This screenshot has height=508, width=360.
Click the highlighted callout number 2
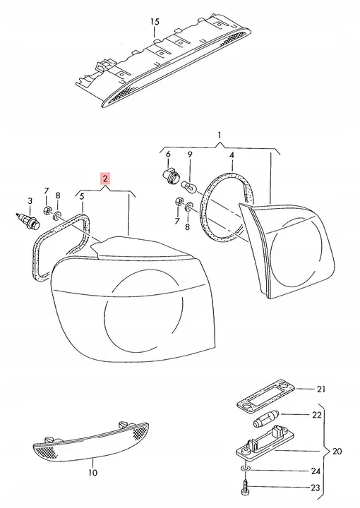coord(105,179)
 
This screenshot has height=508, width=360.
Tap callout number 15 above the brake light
coord(155,22)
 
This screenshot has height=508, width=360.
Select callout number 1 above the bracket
coord(220,135)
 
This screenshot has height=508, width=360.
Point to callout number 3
coord(30,201)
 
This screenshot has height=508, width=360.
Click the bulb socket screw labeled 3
coord(28,220)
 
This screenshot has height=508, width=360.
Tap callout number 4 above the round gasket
coord(232,155)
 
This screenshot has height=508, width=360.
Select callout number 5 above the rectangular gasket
coord(82,196)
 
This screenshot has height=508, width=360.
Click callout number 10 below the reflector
coord(92,473)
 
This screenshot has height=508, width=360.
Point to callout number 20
coord(337,451)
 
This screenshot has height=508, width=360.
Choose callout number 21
coord(320,389)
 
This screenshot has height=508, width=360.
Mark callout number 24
coord(316,471)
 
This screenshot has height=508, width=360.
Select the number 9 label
coord(190,155)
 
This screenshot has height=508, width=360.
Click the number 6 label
coord(168,155)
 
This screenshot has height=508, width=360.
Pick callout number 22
coord(317,415)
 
